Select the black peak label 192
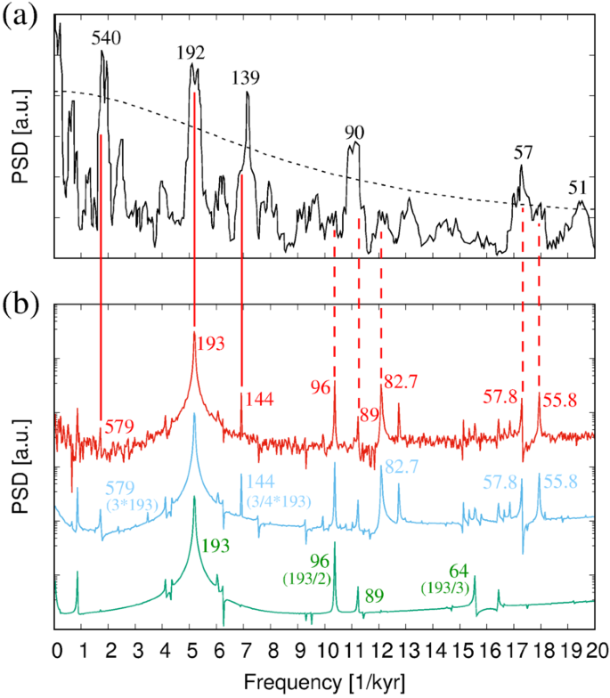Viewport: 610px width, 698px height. tap(191, 53)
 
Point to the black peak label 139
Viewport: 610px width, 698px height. tap(246, 78)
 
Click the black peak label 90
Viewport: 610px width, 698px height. tap(354, 133)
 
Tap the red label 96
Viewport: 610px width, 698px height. tap(321, 387)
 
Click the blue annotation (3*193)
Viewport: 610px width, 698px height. tap(132, 505)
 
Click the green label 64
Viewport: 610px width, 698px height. tap(458, 570)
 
